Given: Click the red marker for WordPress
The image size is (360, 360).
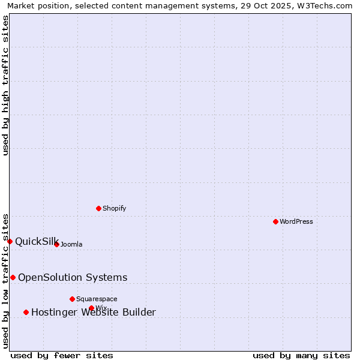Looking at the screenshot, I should point(275,221).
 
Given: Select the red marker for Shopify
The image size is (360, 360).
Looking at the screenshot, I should point(98,208).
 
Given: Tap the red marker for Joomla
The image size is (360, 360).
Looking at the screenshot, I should point(56,244).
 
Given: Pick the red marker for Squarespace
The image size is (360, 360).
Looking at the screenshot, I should point(72,299).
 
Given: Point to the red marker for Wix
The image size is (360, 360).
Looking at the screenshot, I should point(91,308).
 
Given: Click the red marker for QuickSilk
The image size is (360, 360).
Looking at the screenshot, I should point(10,241).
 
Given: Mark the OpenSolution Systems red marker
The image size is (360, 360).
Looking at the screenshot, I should point(13,277).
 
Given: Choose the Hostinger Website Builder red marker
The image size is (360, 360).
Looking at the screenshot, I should point(26,312).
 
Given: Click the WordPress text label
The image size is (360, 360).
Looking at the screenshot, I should point(296,221).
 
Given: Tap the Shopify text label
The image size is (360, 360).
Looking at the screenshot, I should point(114,208).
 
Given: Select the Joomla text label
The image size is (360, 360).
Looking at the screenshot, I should point(71,244).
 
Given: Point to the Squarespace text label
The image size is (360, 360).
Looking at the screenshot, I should point(97,299).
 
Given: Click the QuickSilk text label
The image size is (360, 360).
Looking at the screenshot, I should point(37,241).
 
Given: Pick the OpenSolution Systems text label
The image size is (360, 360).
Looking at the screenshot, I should point(73,277).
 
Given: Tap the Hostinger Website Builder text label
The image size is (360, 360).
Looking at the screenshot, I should point(94,312).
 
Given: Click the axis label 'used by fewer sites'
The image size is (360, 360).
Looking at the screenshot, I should point(62,355).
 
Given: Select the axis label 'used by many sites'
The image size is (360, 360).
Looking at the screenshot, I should point(301,355).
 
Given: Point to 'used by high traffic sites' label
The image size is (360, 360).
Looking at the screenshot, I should point(5,85).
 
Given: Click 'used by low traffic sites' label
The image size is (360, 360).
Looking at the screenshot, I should point(5,280).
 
